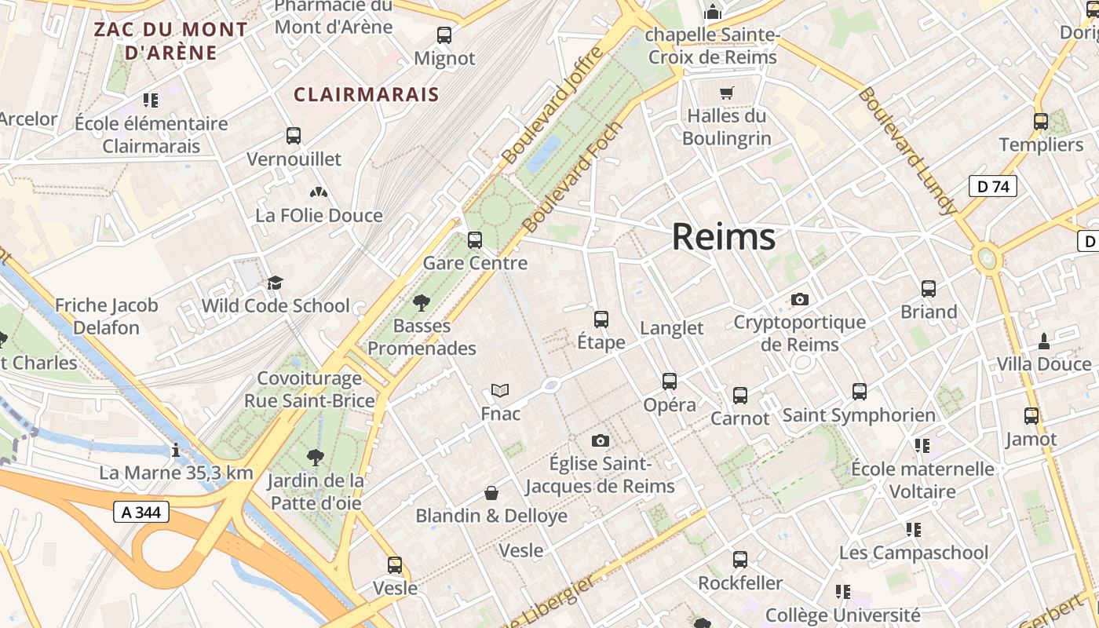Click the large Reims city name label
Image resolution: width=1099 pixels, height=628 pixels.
(723, 237)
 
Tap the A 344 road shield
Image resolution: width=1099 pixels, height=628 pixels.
(141, 513)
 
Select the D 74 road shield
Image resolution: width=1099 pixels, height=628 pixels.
(992, 187)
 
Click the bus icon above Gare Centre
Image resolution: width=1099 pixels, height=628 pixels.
(475, 240)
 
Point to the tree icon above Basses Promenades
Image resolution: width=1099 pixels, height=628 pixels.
(422, 302)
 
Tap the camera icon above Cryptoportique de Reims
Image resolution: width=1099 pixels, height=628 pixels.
(800, 299)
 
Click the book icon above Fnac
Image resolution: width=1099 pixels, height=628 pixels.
(500, 390)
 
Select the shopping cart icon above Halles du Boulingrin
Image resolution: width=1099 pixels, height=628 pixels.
(726, 93)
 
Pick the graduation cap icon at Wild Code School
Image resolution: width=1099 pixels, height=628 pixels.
(275, 283)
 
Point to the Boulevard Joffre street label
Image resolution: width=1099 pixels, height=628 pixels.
(554, 105)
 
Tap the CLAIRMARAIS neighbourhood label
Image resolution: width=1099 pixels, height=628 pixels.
(366, 95)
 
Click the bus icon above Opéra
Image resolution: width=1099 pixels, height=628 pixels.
(670, 382)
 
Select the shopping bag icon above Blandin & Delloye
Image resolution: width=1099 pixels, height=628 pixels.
(491, 493)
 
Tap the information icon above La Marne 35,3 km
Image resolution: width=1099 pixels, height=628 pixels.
(176, 451)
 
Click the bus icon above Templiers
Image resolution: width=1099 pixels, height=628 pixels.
(1041, 122)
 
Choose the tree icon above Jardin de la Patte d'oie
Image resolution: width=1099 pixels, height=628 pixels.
(315, 457)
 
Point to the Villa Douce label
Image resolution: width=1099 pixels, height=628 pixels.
(1044, 364)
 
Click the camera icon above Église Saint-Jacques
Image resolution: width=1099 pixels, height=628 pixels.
(601, 441)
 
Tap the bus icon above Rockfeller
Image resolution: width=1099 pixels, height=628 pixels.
(740, 560)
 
